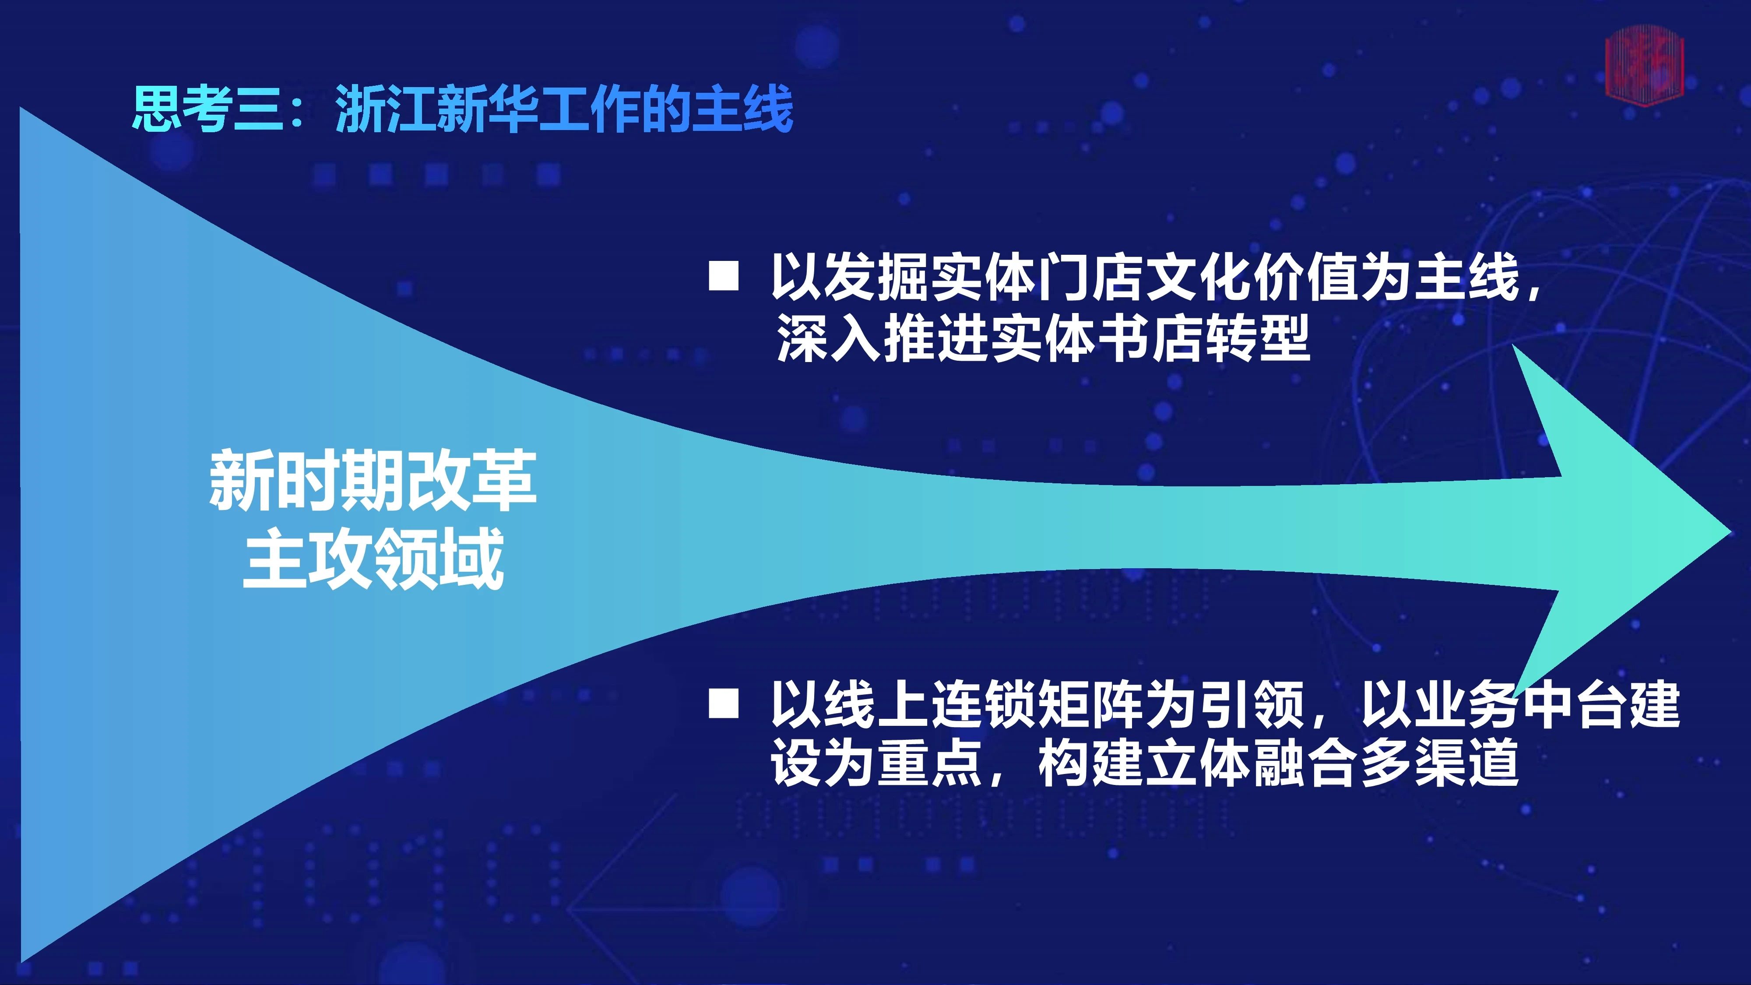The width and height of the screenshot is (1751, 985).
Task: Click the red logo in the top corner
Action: click(1644, 63)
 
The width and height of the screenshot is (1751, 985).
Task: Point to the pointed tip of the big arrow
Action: click(1730, 532)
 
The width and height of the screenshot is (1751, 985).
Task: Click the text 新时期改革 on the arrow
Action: click(373, 480)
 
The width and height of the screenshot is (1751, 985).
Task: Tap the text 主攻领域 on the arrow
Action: click(373, 558)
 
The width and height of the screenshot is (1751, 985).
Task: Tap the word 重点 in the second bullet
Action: click(931, 763)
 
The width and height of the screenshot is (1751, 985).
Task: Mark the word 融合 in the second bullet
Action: click(1308, 763)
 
